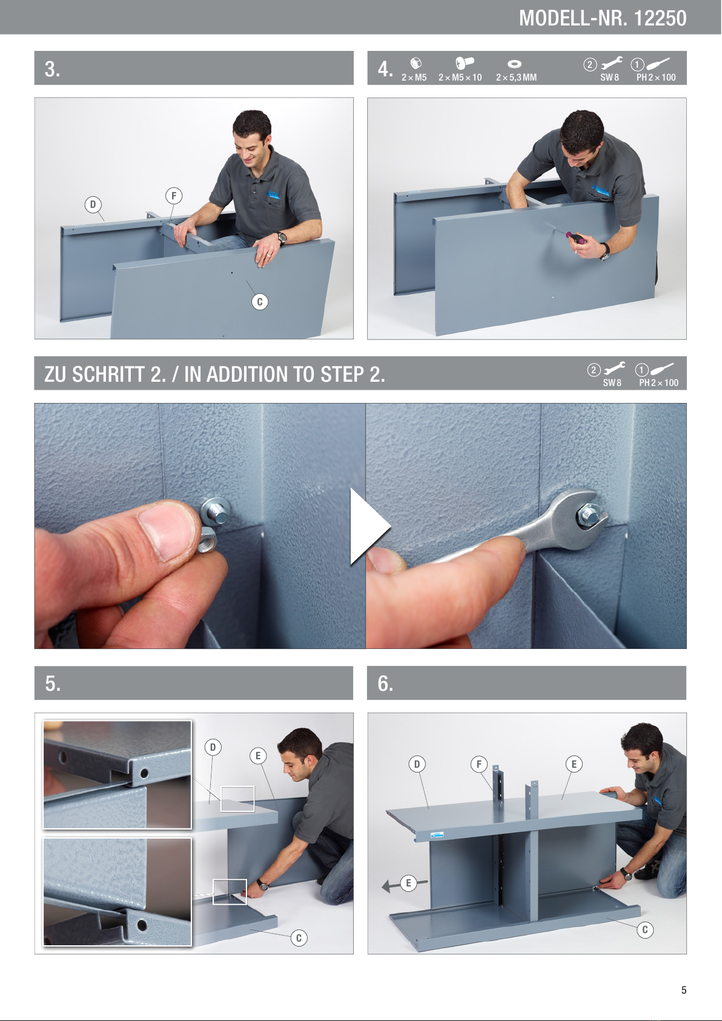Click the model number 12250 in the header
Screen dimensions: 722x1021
click(660, 18)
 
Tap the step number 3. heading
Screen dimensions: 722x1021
click(52, 69)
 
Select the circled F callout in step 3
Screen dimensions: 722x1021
click(174, 196)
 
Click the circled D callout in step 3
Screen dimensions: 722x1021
click(93, 204)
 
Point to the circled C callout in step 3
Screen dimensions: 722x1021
click(260, 302)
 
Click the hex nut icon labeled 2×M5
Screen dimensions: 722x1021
click(416, 63)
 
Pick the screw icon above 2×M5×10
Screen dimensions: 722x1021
click(464, 62)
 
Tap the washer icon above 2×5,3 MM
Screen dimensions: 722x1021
click(514, 64)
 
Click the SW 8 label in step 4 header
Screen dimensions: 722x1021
click(609, 78)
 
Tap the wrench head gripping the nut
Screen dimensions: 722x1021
click(581, 517)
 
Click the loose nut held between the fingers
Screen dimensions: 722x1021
click(207, 539)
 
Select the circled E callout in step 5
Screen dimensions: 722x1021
click(258, 756)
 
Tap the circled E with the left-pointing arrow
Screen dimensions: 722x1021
click(408, 883)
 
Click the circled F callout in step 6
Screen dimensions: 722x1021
click(479, 764)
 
